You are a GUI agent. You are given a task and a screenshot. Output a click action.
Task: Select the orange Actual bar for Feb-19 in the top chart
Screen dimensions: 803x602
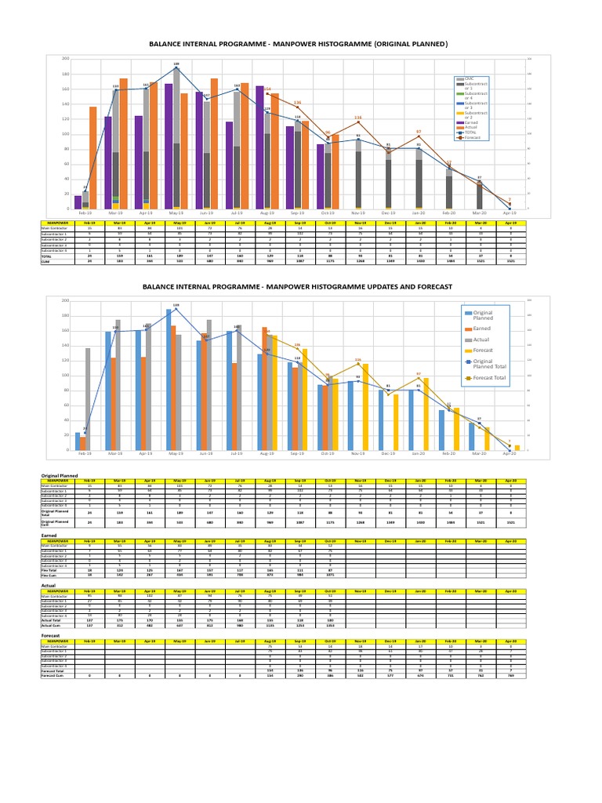93,158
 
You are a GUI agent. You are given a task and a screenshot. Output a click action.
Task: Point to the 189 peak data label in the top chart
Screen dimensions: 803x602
176,64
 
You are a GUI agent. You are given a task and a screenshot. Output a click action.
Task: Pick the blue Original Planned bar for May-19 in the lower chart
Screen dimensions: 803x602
168,380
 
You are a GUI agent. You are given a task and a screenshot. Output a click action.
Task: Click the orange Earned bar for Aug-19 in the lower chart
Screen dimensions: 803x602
265,389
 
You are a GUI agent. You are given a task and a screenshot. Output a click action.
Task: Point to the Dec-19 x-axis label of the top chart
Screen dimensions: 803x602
388,213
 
